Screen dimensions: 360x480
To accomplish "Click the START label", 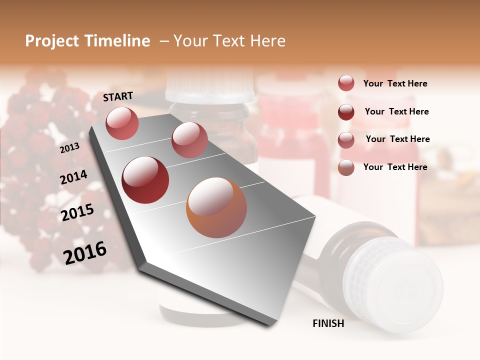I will point(118,96).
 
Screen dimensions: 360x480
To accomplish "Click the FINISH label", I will point(328,323).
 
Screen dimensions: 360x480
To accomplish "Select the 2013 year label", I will point(69,147).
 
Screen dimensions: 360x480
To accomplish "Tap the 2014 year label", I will point(73,177).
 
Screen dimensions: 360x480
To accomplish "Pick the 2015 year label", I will point(77,212).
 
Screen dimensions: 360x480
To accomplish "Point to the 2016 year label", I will point(85,252).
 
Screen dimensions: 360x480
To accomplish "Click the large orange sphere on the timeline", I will point(216,207).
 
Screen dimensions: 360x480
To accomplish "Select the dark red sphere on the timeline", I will point(145,180).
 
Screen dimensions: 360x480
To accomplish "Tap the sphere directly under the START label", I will point(122,123).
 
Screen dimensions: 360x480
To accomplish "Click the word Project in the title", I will point(52,41).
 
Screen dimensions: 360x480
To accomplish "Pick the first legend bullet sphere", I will point(346,83).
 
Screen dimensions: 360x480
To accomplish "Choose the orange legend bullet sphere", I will point(346,167).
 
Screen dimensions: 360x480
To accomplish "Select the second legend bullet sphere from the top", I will point(346,112).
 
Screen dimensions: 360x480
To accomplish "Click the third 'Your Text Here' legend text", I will point(397,139).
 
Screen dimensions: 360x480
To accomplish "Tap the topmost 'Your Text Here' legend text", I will point(395,83).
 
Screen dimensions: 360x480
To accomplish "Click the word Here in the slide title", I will point(267,41).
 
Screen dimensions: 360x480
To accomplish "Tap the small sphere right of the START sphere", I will point(189,139).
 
